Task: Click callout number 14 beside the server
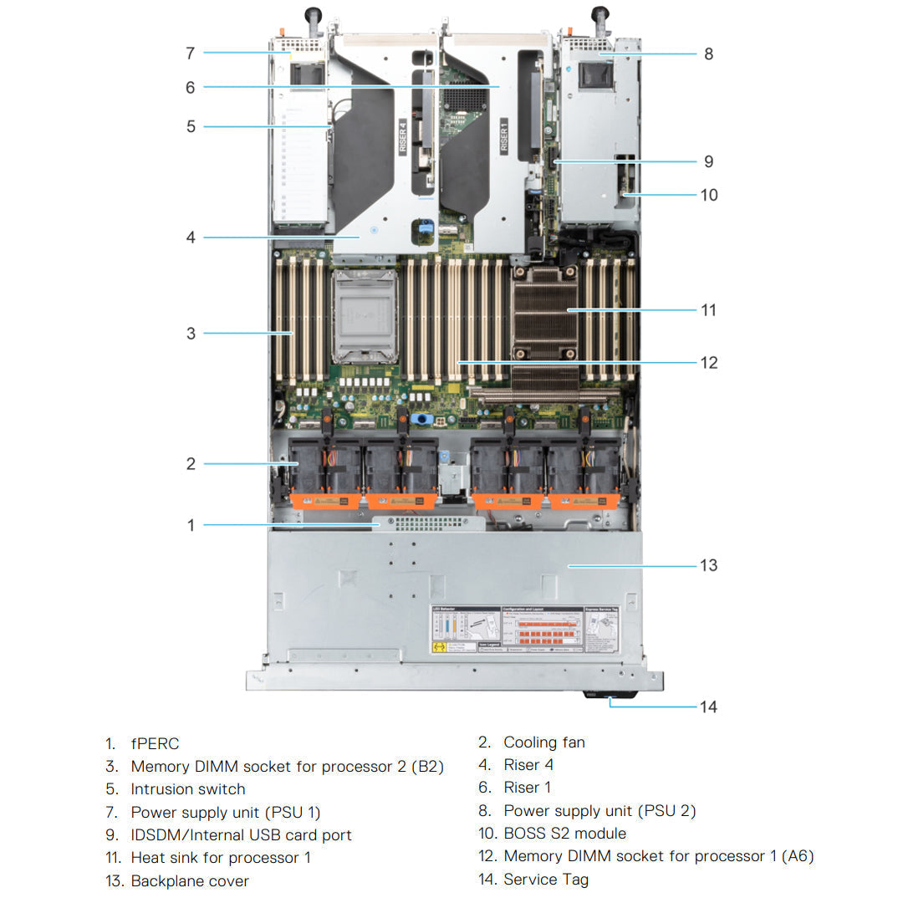(x=708, y=707)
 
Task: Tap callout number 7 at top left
(x=191, y=54)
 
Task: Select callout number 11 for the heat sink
(x=708, y=310)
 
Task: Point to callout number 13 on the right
(x=708, y=566)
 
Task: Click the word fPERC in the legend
(x=155, y=743)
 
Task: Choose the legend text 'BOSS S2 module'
(x=564, y=834)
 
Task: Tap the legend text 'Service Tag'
(x=546, y=880)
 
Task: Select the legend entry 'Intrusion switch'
(x=188, y=789)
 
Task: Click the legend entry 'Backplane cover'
(x=190, y=881)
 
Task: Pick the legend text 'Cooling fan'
(x=544, y=742)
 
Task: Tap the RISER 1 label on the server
(x=503, y=135)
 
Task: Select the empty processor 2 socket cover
(x=365, y=316)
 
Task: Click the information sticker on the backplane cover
(x=525, y=630)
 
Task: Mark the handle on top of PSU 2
(x=599, y=17)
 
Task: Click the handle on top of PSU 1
(x=314, y=17)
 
